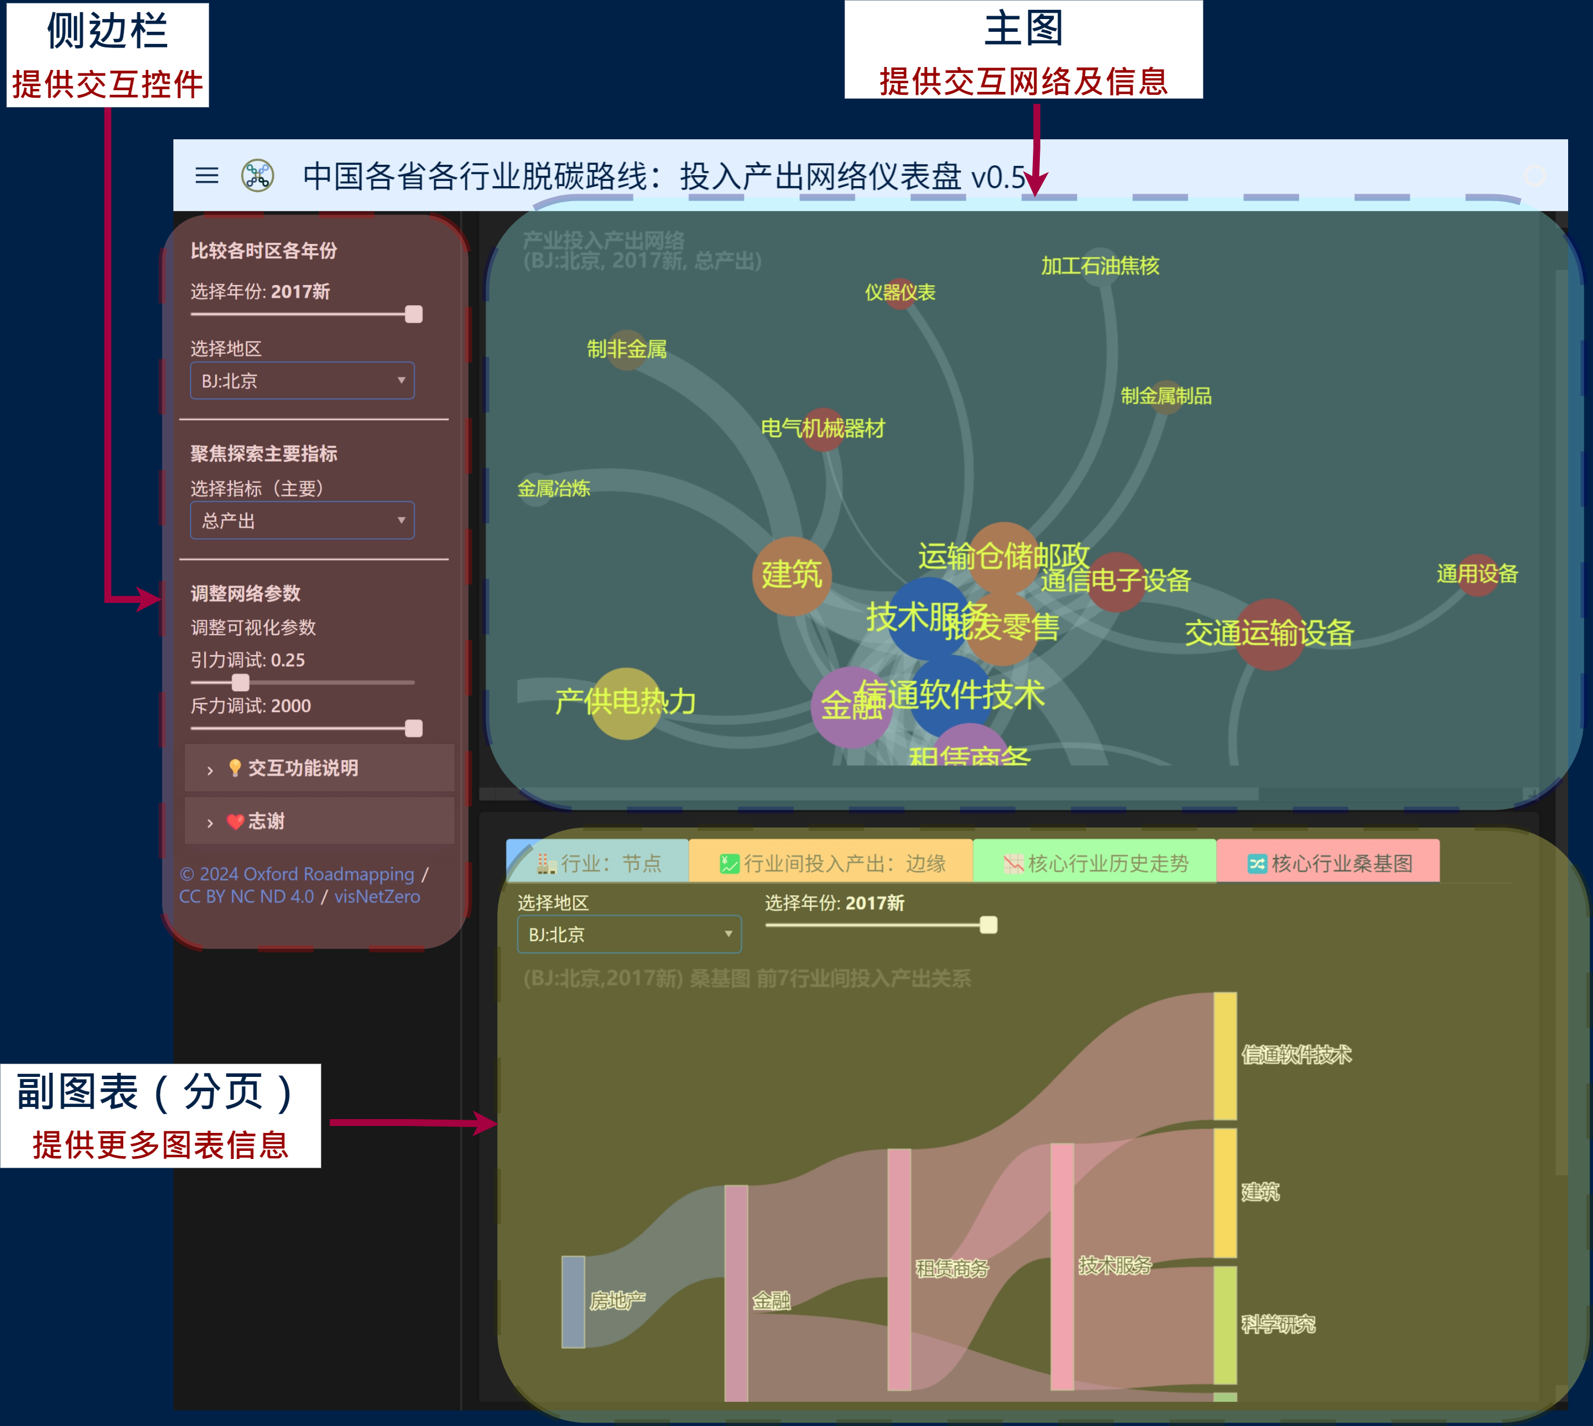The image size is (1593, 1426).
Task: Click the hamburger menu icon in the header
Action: click(x=207, y=176)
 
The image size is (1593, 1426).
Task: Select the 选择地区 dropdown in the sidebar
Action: click(x=302, y=381)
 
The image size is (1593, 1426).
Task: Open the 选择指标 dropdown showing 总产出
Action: click(x=302, y=520)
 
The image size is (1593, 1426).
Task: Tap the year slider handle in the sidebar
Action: click(x=414, y=315)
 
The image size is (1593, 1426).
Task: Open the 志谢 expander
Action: click(x=266, y=821)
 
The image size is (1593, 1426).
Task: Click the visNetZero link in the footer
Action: click(x=377, y=897)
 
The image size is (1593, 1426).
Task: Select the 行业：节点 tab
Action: click(x=599, y=862)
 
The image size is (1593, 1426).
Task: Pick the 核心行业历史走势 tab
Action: click(x=1095, y=862)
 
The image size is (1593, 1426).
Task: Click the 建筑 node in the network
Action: click(x=791, y=576)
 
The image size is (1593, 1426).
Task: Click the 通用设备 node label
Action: click(x=1477, y=573)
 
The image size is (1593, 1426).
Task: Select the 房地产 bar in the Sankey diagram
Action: click(x=573, y=1301)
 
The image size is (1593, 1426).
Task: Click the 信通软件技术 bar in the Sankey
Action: click(x=1225, y=1055)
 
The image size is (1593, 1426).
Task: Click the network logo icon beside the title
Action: click(x=257, y=176)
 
